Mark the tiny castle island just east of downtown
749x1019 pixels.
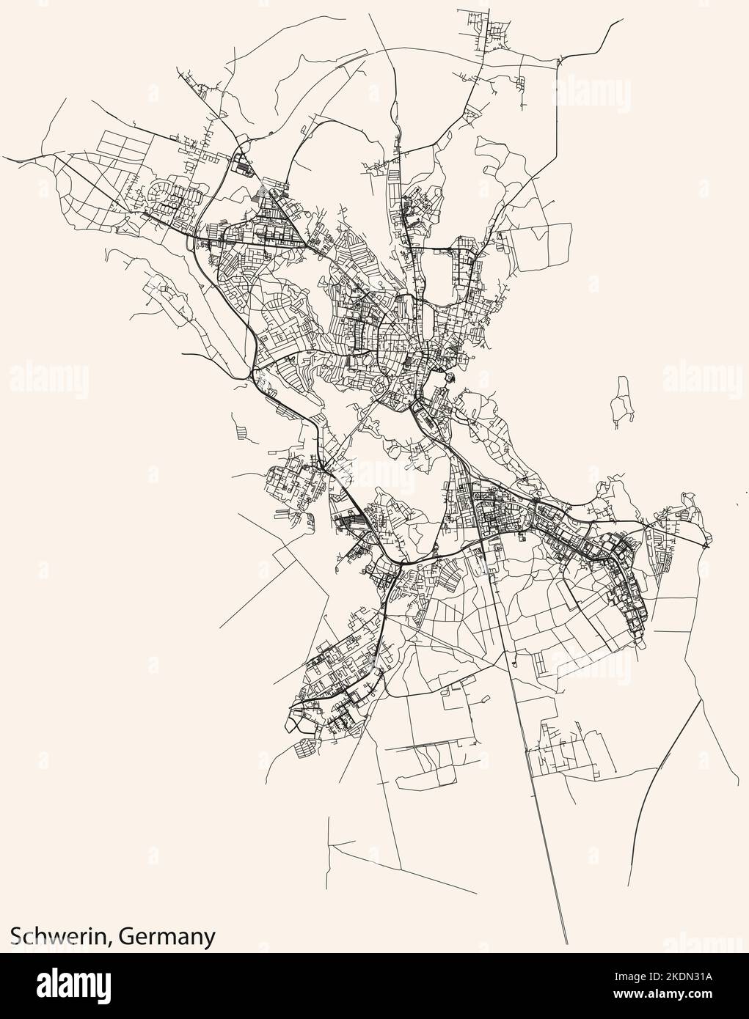(x=449, y=379)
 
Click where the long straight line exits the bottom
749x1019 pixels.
(x=567, y=943)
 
